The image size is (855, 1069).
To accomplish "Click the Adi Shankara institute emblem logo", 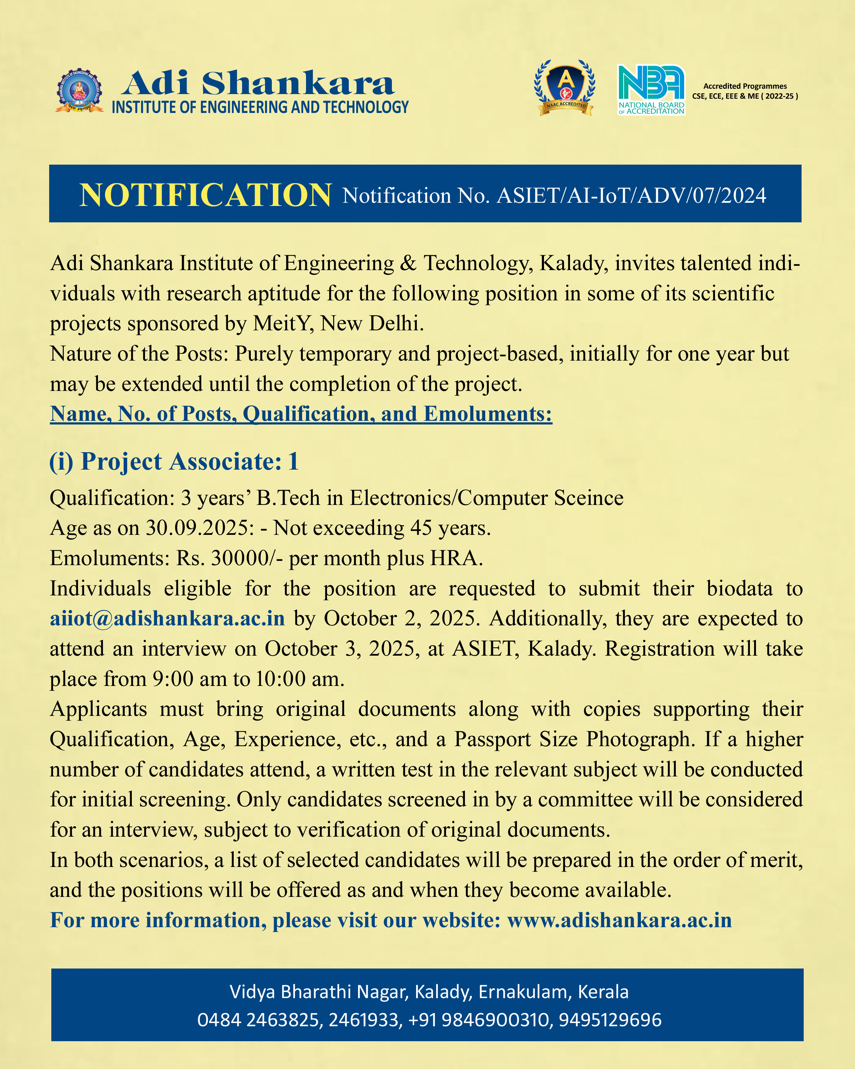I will [x=79, y=91].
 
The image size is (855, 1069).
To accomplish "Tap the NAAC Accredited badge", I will [x=565, y=88].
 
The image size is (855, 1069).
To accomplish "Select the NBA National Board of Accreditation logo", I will [x=651, y=90].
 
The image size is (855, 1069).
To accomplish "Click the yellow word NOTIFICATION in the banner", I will [x=205, y=195].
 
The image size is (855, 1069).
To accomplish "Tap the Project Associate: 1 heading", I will [x=174, y=461].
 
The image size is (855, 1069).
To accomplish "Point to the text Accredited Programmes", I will [x=745, y=86].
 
